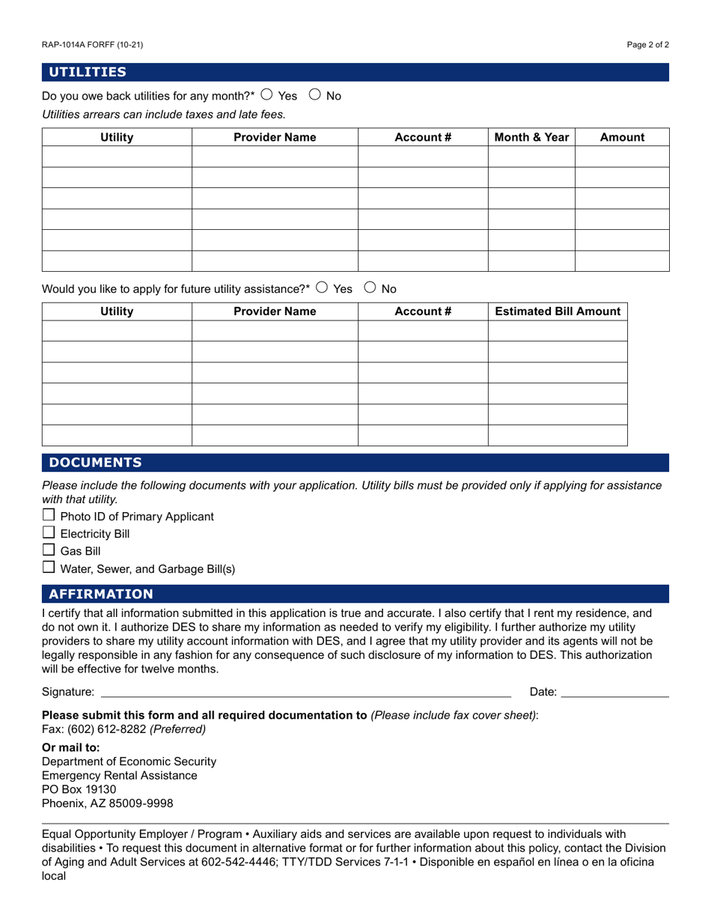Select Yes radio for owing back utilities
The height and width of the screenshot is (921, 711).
(267, 95)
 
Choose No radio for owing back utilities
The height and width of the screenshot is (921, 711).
(315, 95)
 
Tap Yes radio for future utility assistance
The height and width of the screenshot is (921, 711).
(323, 288)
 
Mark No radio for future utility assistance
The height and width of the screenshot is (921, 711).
(370, 288)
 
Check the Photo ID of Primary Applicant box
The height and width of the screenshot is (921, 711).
(49, 515)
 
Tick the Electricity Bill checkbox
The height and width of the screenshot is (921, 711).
(49, 532)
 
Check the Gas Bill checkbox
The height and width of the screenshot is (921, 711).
(49, 550)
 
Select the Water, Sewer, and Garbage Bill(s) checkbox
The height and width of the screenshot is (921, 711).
(49, 567)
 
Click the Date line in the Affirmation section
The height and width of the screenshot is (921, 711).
(614, 692)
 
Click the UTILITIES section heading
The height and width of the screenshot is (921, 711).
(88, 72)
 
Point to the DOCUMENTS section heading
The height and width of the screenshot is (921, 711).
(95, 462)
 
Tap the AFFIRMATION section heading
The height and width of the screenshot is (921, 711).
(101, 594)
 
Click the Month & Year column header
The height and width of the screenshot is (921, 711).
(531, 137)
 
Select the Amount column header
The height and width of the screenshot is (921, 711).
(622, 137)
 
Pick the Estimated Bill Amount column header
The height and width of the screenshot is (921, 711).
(558, 311)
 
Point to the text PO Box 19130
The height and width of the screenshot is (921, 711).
(79, 789)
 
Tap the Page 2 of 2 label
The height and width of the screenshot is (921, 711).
(648, 45)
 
